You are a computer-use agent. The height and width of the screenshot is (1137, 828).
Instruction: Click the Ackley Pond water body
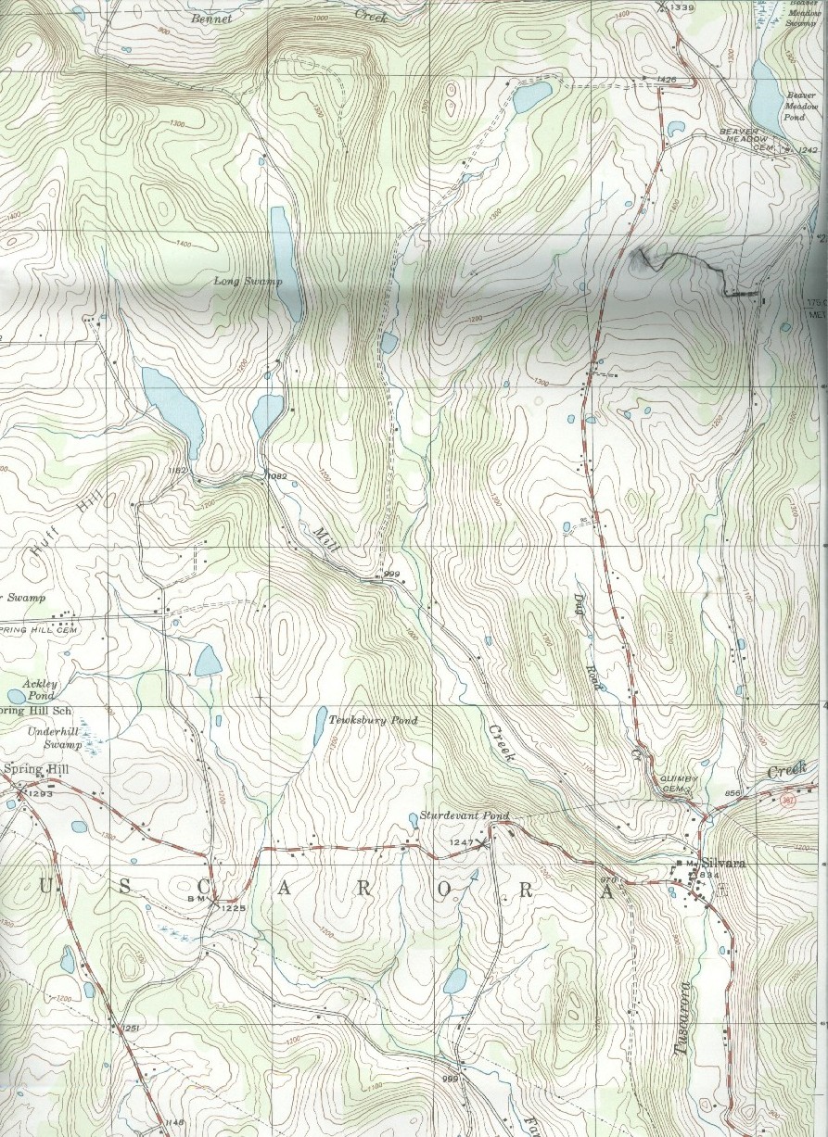tap(16, 695)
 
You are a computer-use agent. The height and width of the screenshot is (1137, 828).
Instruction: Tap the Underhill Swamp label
tap(56, 738)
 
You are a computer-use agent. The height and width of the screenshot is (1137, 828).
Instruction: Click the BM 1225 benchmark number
tap(233, 908)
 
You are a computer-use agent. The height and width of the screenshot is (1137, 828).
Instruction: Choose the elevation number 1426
tap(665, 81)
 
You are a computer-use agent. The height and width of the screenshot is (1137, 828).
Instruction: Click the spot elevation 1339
tap(681, 7)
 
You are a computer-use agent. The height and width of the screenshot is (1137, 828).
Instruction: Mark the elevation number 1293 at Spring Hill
tap(41, 794)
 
